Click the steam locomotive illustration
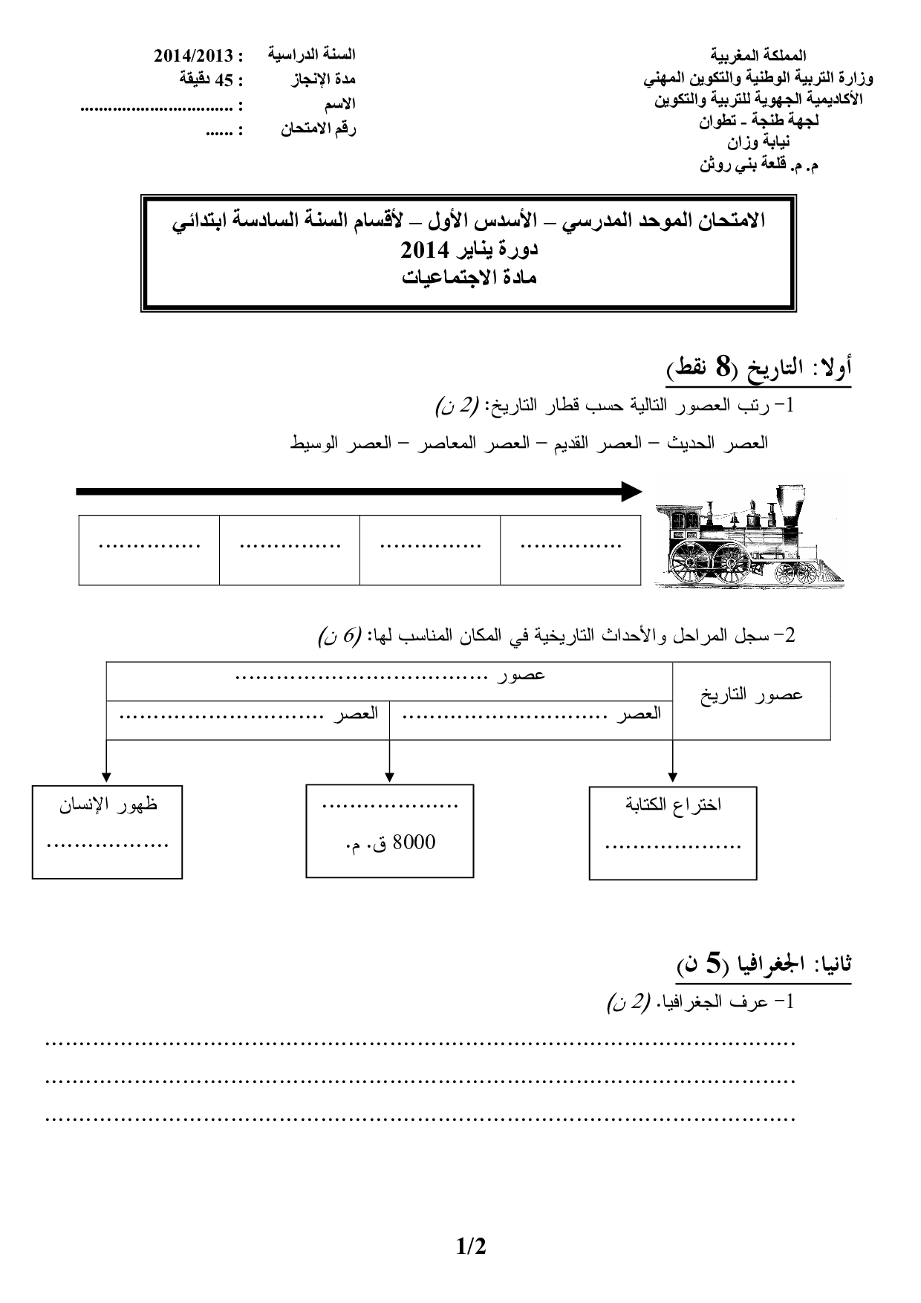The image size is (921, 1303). click(749, 536)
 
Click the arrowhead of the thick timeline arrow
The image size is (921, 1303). click(632, 491)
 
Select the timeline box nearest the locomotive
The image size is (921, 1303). click(570, 550)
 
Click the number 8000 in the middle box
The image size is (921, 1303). click(413, 842)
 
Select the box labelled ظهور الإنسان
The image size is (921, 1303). click(107, 831)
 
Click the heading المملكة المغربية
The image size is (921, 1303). click(758, 56)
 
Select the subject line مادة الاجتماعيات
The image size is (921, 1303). click(469, 278)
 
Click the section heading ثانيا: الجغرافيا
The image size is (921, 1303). click(764, 965)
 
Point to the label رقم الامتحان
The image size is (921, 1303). click(318, 129)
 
